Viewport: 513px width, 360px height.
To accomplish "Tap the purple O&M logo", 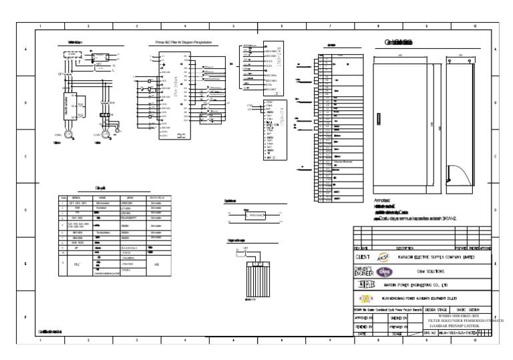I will pos(384,271).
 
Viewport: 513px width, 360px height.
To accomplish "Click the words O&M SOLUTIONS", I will pos(430,272).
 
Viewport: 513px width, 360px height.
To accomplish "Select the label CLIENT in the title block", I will pos(363,256).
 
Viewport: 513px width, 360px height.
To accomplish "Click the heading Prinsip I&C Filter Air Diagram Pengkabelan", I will pos(183,42).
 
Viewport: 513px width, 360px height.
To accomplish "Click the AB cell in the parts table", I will pos(156,264).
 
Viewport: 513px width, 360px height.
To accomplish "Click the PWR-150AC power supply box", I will pos(254,216).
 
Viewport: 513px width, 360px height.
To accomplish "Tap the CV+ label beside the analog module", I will pos(250,106).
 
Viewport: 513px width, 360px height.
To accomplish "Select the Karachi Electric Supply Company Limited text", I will pos(436,256).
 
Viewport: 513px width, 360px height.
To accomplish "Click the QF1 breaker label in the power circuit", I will pos(60,74).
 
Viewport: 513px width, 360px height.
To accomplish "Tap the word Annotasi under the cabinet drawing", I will pos(382,200).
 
